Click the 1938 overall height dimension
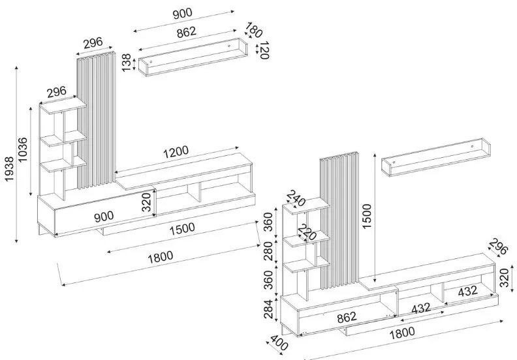coord(8,154)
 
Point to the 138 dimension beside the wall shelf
coord(127,63)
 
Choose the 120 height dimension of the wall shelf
coord(264,50)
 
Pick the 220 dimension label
coord(307,232)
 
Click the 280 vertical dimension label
coord(268,251)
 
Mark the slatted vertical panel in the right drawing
coord(339,222)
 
